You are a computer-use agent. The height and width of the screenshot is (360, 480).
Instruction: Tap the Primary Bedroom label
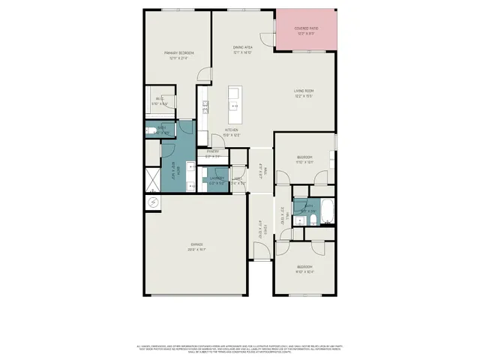pyautogui.click(x=180, y=55)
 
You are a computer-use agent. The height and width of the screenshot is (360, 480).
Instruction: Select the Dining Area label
pyautogui.click(x=242, y=49)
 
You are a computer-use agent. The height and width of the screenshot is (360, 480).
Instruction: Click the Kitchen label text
pyautogui.click(x=232, y=132)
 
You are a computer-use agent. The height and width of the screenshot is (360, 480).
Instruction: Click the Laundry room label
pyautogui.click(x=217, y=181)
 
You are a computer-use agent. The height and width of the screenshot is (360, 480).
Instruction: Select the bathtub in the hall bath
pyautogui.click(x=328, y=211)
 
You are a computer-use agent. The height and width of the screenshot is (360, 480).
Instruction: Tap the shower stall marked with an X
pyautogui.click(x=150, y=178)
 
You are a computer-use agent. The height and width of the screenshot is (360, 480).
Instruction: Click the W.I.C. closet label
pyautogui.click(x=160, y=100)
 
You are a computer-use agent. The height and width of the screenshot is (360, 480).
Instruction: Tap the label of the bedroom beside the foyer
pyautogui.click(x=304, y=269)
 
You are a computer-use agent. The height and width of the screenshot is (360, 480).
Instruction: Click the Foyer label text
pyautogui.click(x=262, y=229)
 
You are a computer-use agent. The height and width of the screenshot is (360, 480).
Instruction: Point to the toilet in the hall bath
pyautogui.click(x=298, y=209)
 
